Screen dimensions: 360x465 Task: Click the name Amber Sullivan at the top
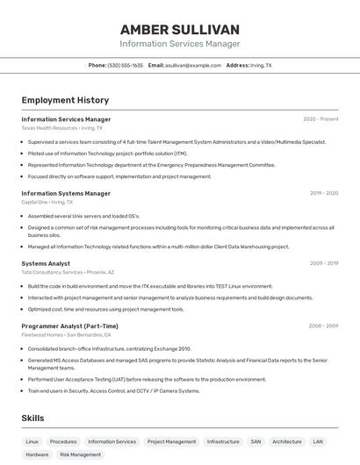click(179, 29)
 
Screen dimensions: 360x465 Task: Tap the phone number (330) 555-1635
click(126, 65)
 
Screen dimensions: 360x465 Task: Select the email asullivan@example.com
click(191, 65)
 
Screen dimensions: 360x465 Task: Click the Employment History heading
click(65, 100)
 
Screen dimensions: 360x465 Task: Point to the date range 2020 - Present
click(320, 118)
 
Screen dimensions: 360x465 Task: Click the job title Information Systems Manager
click(66, 193)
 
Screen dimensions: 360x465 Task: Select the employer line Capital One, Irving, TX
click(47, 202)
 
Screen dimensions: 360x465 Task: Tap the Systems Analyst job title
click(46, 263)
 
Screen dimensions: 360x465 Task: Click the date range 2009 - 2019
click(323, 263)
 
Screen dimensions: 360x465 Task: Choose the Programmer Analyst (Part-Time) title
click(69, 325)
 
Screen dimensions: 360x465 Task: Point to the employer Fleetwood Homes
click(42, 334)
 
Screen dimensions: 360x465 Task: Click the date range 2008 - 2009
click(323, 325)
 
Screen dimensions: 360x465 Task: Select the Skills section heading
click(32, 418)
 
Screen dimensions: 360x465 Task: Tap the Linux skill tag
click(32, 441)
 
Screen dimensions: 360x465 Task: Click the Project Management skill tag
click(171, 441)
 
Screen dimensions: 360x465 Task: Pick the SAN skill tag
click(256, 441)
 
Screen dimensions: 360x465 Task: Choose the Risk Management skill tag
click(80, 454)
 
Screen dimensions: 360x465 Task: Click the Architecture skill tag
click(286, 441)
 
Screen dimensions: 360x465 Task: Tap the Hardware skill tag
click(37, 454)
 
